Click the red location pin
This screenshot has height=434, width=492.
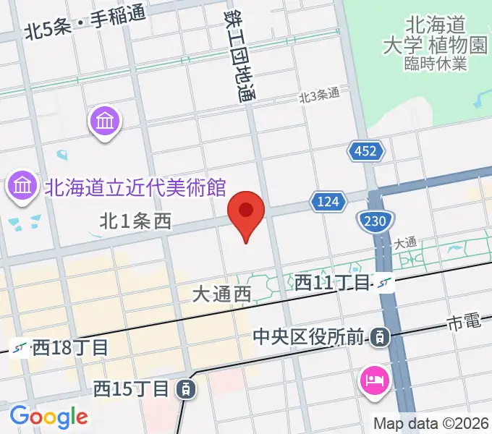pos(246,213)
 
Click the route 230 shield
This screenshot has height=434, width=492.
pos(375,221)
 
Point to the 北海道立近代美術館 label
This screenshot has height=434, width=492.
pos(135,188)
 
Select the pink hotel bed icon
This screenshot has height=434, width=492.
pos(376,380)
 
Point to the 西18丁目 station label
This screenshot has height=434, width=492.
pos(70,347)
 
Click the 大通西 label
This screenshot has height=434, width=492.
pos(221,294)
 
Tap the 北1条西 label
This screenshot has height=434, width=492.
pos(135,222)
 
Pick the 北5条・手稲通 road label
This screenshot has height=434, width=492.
pos(84,30)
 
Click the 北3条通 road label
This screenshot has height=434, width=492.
pos(319,94)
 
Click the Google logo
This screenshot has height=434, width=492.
pos(48,417)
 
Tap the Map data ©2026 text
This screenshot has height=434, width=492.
pos(431,423)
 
